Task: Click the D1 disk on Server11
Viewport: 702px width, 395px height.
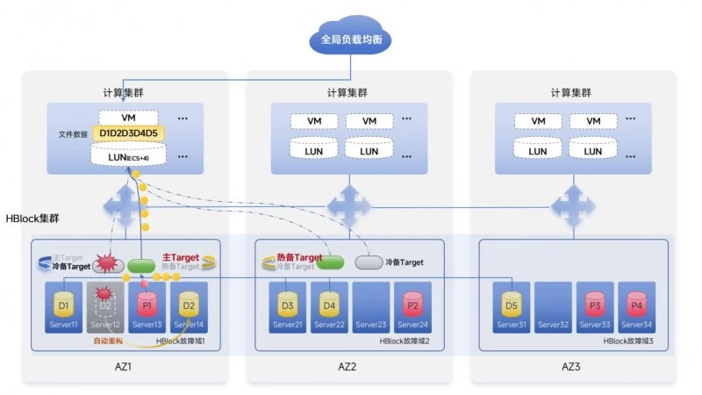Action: click(x=63, y=305)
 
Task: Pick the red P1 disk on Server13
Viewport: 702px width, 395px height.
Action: click(x=147, y=305)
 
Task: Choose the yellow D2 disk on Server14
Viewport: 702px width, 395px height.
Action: click(x=188, y=305)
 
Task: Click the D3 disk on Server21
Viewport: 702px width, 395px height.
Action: click(x=287, y=305)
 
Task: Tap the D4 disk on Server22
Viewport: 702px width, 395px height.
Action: click(x=328, y=305)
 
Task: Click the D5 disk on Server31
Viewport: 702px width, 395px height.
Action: click(x=512, y=305)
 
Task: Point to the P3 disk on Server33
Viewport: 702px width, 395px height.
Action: click(x=594, y=305)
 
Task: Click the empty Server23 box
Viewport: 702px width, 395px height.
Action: click(x=370, y=307)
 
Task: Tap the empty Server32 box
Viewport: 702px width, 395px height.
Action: click(x=553, y=307)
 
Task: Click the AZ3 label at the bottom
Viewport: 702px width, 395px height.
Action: click(x=573, y=366)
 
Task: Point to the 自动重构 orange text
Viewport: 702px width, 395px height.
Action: click(x=110, y=341)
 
